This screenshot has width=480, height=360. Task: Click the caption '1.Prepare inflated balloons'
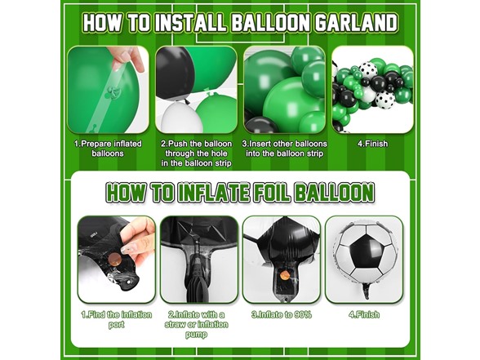coord(108,149)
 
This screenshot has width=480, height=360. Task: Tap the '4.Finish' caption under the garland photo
coord(372,144)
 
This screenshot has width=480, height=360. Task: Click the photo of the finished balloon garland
coord(372,89)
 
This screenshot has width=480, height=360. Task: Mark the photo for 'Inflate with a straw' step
coord(198,260)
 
